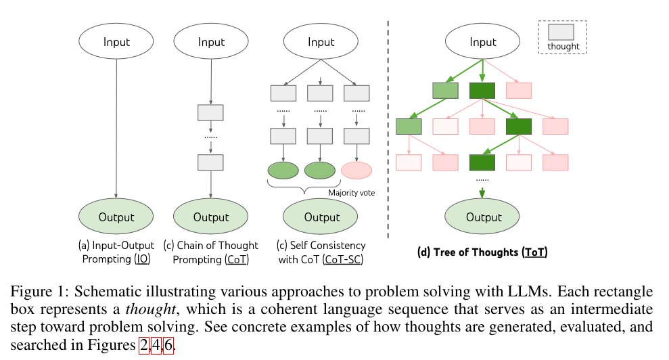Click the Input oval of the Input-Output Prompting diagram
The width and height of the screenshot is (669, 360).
pos(118,42)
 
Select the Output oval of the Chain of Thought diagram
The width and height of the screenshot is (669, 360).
pos(211,217)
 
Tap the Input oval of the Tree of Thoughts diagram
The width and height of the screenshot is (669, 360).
pos(483,42)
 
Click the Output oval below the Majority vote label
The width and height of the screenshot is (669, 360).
pos(321,217)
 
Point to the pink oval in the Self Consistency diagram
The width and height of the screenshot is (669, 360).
pos(357,170)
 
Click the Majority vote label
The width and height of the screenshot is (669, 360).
pos(352,193)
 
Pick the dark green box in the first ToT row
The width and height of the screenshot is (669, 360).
pos(483,90)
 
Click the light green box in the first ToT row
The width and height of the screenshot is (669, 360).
pos(446,90)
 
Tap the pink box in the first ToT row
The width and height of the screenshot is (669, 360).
pos(518,90)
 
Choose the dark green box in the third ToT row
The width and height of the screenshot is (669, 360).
pos(483,162)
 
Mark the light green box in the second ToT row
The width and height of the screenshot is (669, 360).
pos(409,126)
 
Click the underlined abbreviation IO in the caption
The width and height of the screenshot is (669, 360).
pos(142,258)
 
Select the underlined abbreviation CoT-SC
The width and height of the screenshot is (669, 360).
pos(342,258)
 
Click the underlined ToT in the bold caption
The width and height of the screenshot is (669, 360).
pos(535,252)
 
